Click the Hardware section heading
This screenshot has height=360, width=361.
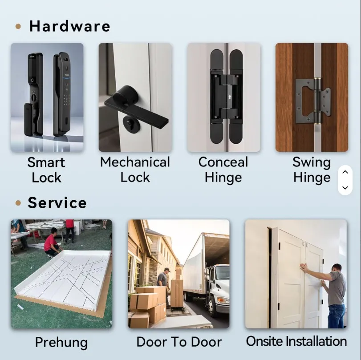(x=69, y=26)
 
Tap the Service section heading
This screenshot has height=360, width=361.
(x=57, y=203)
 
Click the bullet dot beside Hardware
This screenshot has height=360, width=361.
(x=18, y=27)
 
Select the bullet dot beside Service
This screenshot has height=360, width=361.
(x=18, y=203)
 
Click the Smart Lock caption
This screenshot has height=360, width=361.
(x=46, y=170)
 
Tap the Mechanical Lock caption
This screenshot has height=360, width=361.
(x=135, y=170)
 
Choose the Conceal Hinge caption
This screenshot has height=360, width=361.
(x=223, y=170)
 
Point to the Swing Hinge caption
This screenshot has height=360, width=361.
(x=312, y=170)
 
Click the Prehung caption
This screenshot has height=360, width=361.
(x=61, y=343)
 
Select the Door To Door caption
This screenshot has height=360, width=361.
(x=179, y=342)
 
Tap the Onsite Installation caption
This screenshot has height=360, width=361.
(x=296, y=341)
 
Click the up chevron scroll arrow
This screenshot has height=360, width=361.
(x=345, y=172)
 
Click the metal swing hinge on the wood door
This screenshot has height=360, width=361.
(x=313, y=101)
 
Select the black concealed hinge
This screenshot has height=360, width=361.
(x=226, y=97)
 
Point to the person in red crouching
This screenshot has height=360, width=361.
(x=52, y=243)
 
